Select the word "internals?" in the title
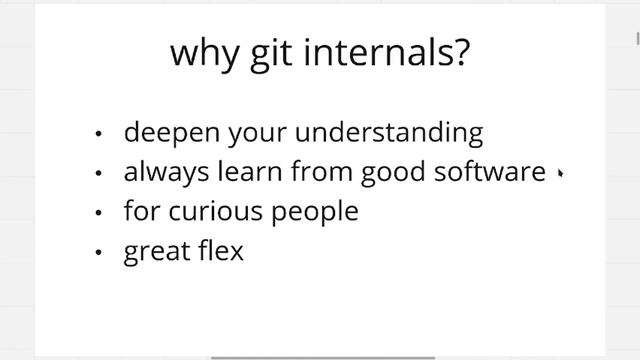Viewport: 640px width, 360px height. (x=385, y=52)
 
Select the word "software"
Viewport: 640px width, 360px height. (x=491, y=172)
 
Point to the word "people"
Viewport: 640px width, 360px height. (x=314, y=213)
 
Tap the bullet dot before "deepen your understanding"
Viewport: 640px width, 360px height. (x=98, y=134)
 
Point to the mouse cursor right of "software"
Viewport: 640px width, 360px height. (x=560, y=173)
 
